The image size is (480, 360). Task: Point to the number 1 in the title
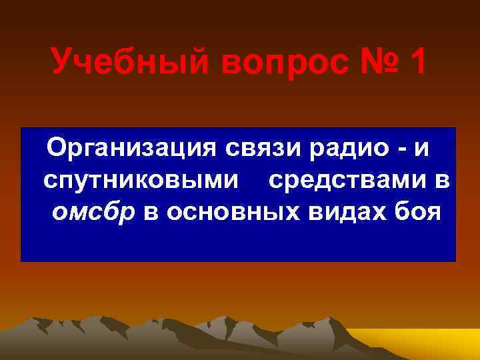[419, 63]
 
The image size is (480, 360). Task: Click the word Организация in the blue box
[133, 147]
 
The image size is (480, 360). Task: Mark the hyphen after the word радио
[402, 148]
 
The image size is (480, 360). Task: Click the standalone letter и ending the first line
[421, 148]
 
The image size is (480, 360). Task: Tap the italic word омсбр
[93, 212]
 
